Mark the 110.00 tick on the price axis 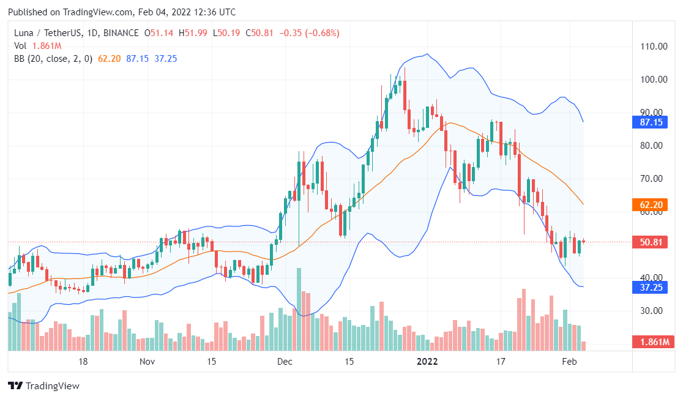tap(654, 47)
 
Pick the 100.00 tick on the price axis tap(654, 80)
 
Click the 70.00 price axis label tap(652, 179)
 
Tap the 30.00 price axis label tap(652, 311)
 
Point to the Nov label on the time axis tap(147, 362)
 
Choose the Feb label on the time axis tap(570, 362)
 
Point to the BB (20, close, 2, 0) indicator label tap(53, 59)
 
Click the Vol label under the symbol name tap(20, 46)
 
